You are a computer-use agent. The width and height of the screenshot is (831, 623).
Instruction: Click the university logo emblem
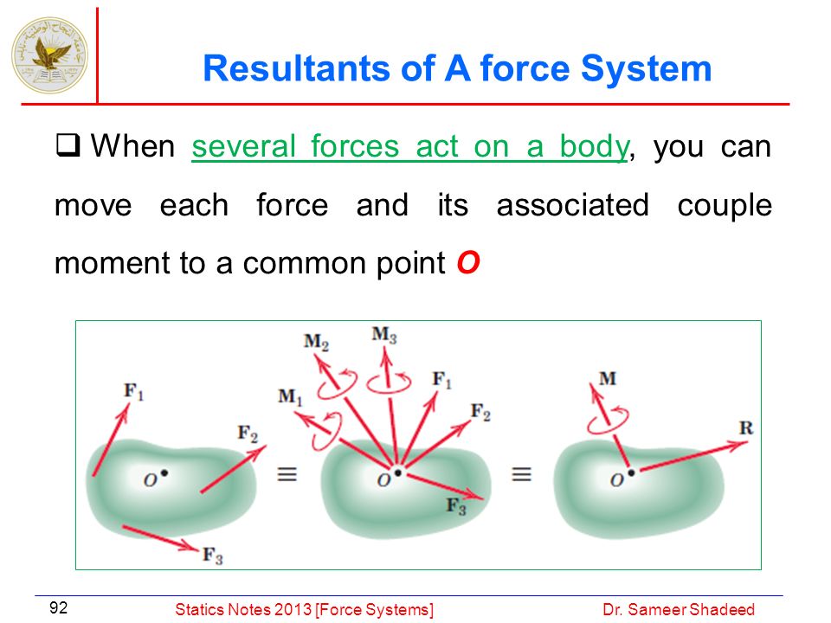coord(50,55)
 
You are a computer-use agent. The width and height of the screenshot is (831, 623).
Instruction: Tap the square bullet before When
coord(68,145)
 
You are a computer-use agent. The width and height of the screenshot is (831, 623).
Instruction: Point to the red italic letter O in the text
coord(468,262)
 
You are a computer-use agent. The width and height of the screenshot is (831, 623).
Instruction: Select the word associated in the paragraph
coord(572,205)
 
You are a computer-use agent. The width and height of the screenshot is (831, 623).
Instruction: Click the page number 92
coord(58,607)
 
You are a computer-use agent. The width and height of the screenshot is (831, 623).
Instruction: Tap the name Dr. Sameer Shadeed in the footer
coord(679,609)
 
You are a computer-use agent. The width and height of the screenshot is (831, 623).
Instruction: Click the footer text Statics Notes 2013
coord(243,609)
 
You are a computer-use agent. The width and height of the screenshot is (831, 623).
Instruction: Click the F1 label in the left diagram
coord(133,391)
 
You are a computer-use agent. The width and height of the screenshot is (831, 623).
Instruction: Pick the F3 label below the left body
coord(213,556)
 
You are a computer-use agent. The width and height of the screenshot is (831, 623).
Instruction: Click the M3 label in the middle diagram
coord(384,335)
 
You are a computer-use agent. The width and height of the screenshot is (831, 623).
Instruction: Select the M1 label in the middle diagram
coord(291,396)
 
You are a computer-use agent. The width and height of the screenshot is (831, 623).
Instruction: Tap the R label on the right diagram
coord(746,427)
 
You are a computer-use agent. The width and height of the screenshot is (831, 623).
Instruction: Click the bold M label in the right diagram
coord(608,378)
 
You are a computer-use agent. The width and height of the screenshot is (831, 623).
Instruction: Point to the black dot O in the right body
coord(631,472)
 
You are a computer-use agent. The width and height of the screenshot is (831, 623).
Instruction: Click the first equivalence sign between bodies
coord(287,473)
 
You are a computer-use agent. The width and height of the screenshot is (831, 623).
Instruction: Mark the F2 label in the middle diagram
coord(480,412)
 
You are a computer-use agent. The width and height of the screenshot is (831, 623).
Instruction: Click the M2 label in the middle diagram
coord(317,342)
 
